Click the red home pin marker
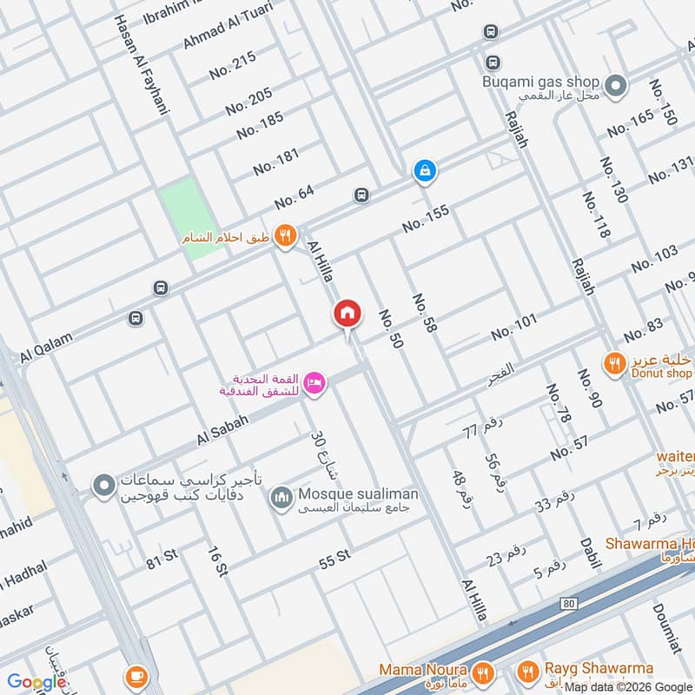click(347, 314)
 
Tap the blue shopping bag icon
click(424, 170)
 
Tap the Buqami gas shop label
click(541, 83)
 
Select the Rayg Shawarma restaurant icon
click(527, 672)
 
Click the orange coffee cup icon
click(137, 675)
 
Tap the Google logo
click(37, 681)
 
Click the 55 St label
click(334, 559)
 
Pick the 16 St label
click(217, 561)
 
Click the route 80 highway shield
click(569, 602)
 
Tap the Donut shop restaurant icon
click(615, 364)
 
